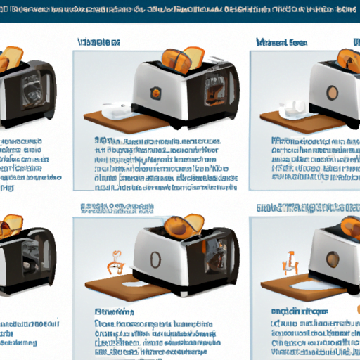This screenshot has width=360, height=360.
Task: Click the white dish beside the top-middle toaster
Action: (113, 110)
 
